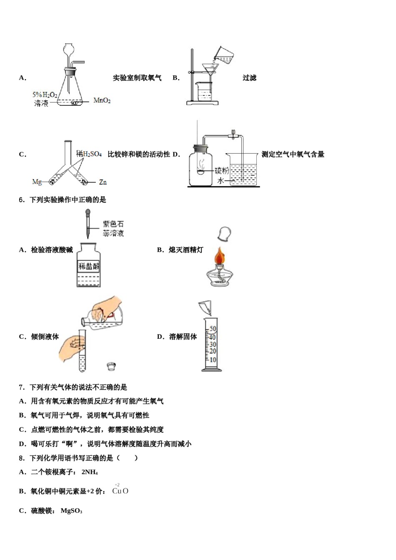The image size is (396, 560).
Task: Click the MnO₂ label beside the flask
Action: pyautogui.click(x=102, y=100)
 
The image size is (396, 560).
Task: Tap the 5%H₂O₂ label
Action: pyautogui.click(x=45, y=95)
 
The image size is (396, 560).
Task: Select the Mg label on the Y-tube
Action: pyautogui.click(x=37, y=182)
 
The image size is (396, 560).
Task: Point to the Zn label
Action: pyautogui.click(x=103, y=182)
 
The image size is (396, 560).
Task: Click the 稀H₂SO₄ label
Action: pyautogui.click(x=89, y=154)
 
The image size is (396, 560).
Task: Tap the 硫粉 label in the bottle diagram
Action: pyautogui.click(x=221, y=170)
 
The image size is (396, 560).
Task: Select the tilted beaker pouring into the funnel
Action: pyautogui.click(x=224, y=55)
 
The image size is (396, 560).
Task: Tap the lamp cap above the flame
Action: pyautogui.click(x=224, y=233)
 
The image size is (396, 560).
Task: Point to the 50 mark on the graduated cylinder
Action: pyautogui.click(x=213, y=329)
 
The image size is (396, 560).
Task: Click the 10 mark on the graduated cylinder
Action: pyautogui.click(x=213, y=360)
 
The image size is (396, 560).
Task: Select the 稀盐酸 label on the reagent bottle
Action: pyautogui.click(x=89, y=266)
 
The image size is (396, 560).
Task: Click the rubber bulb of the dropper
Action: pyautogui.click(x=88, y=214)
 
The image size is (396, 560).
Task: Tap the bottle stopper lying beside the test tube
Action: pyautogui.click(x=111, y=366)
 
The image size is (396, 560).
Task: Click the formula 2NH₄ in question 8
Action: pyautogui.click(x=90, y=472)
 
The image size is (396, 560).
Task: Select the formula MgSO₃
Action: pyautogui.click(x=71, y=511)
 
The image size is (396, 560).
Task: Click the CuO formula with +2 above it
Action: pyautogui.click(x=120, y=491)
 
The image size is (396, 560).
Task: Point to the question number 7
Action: pyautogui.click(x=21, y=387)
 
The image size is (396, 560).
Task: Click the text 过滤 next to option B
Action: pyautogui.click(x=249, y=78)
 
